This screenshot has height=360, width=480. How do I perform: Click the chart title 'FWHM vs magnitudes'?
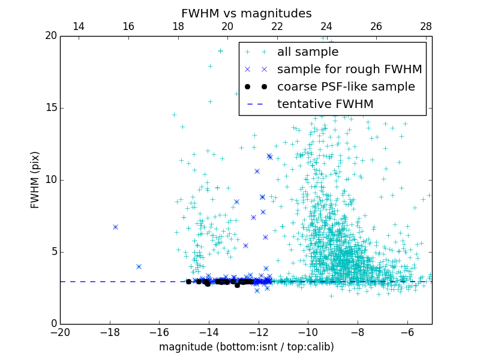click(246, 13)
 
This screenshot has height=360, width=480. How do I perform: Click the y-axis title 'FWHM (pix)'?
click(35, 179)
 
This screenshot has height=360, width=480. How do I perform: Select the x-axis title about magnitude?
click(246, 347)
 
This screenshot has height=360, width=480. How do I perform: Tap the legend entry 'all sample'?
click(308, 52)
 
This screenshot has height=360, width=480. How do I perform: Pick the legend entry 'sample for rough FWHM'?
click(349, 70)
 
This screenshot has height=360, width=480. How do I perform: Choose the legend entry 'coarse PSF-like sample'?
click(346, 87)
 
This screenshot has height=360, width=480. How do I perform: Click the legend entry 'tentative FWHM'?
click(325, 104)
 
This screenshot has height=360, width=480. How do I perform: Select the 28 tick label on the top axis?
click(426, 26)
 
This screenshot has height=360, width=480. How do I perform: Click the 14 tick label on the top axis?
click(79, 26)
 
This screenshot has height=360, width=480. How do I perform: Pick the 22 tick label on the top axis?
click(277, 26)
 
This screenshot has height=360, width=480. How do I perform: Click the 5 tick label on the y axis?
click(53, 252)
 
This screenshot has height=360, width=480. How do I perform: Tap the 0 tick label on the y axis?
click(53, 324)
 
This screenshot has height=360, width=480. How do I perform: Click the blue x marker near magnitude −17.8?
click(115, 227)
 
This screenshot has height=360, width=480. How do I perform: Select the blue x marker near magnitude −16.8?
click(139, 266)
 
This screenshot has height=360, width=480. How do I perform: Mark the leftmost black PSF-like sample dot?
click(188, 281)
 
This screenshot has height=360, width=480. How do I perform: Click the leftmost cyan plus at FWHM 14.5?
click(174, 115)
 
